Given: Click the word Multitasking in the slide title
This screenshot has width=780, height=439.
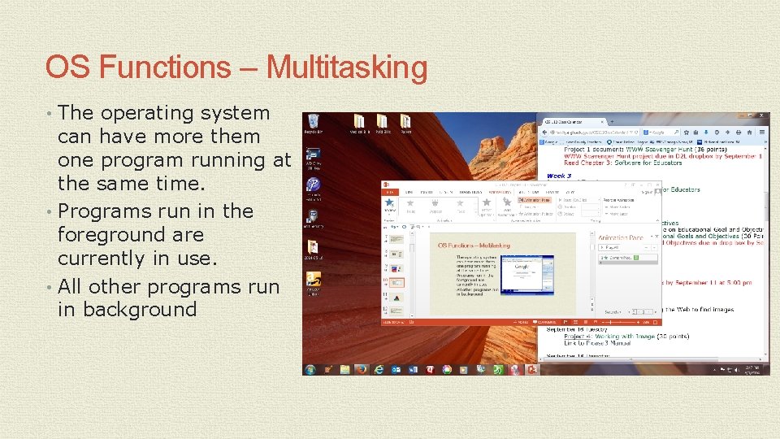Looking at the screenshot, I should click(x=346, y=67).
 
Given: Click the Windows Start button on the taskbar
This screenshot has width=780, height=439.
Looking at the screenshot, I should click(x=310, y=369).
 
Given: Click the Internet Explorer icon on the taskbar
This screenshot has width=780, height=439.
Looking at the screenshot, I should click(x=379, y=369).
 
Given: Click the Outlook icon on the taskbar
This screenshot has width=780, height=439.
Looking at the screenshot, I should click(x=396, y=369).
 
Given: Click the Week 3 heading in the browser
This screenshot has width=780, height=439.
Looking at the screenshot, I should click(x=559, y=176).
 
